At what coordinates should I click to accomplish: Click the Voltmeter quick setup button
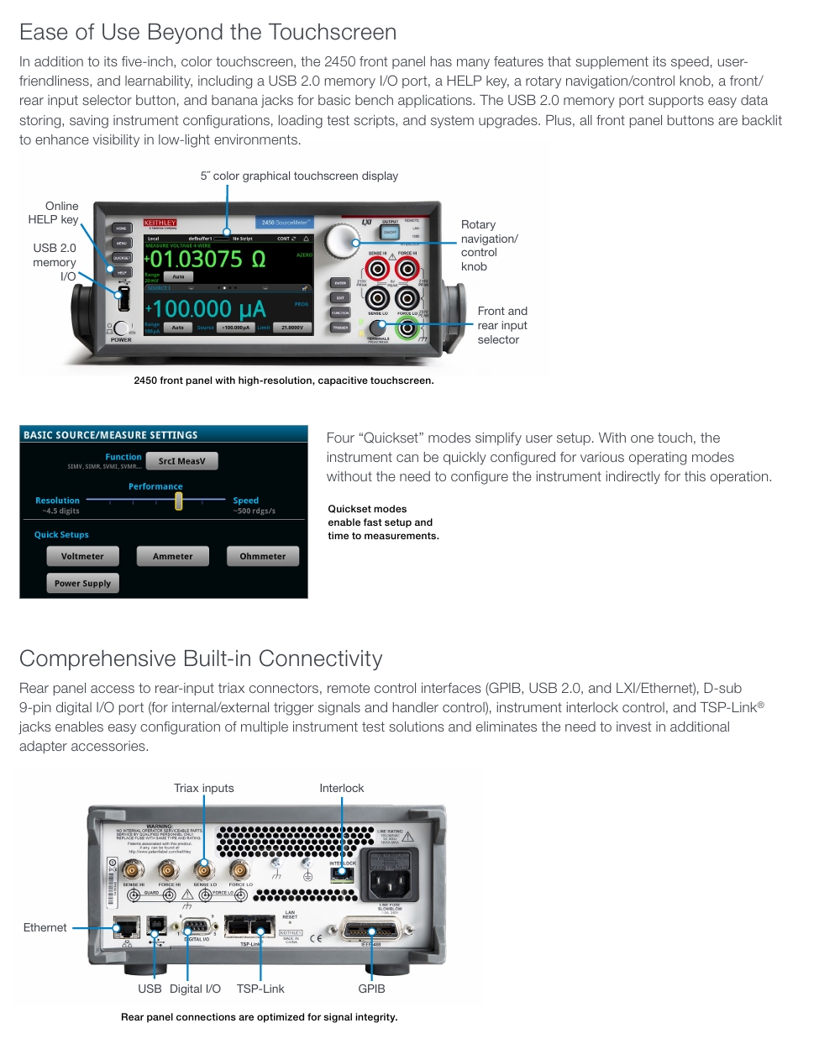point(82,556)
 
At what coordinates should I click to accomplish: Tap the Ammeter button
point(172,556)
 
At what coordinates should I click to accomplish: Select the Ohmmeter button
point(263,556)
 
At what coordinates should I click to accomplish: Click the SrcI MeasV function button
point(181,460)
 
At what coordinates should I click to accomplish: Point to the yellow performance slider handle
point(178,501)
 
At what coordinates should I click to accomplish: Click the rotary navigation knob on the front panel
point(341,241)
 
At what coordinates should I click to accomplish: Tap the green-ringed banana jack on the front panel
point(407,327)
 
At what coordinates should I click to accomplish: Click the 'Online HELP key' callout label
point(54,212)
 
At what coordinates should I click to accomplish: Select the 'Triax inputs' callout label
point(204,788)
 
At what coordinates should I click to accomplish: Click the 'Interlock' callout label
point(341,788)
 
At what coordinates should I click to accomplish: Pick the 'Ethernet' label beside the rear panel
point(45,927)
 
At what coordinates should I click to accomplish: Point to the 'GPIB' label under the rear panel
point(371,989)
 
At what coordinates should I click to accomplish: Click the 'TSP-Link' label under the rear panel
point(260,989)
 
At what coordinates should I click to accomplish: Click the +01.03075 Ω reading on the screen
point(208,260)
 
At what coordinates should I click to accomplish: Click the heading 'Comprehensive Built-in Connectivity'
point(201,658)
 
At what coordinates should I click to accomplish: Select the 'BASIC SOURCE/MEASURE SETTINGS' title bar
point(163,434)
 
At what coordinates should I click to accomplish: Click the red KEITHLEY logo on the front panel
point(160,223)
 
